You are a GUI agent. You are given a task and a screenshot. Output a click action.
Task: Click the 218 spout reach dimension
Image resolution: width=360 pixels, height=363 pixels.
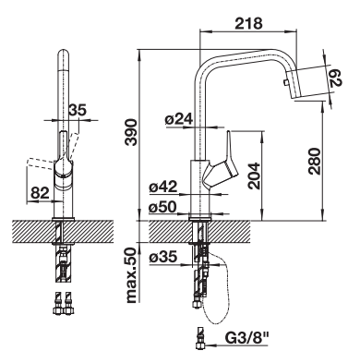(248, 23)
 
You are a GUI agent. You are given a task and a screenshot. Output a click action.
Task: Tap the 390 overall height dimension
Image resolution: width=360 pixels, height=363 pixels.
(132, 131)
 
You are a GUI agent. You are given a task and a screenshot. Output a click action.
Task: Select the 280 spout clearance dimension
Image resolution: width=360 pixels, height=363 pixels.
(315, 161)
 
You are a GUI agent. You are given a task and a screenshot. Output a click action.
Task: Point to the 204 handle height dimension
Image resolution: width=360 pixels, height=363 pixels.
(254, 175)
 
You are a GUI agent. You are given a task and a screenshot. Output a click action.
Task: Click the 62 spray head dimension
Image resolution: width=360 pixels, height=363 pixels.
(336, 78)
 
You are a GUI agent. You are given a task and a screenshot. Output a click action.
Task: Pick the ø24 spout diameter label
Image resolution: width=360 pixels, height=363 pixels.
(179, 119)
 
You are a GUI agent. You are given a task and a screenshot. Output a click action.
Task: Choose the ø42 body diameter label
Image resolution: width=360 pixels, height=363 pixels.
(163, 188)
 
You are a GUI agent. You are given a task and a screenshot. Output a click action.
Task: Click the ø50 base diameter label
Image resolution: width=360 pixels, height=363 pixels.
(163, 207)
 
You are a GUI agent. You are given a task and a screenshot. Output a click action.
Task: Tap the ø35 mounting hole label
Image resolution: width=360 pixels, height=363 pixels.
(163, 257)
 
